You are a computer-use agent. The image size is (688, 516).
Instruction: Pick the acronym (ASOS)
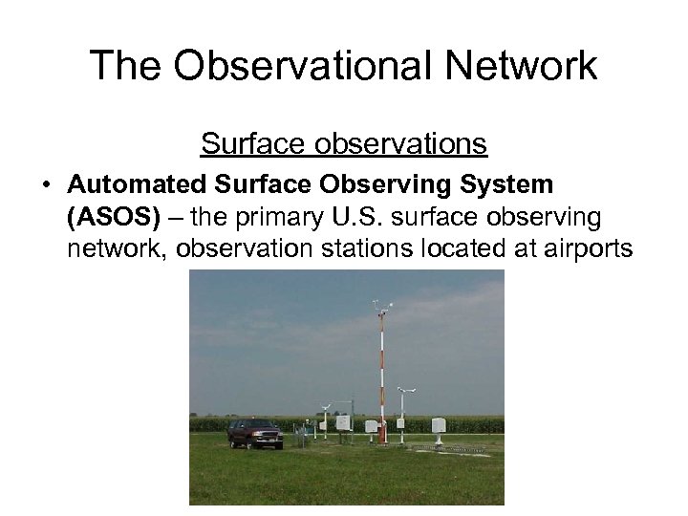[114, 218]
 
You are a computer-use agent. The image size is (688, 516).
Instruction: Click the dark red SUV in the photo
[254, 433]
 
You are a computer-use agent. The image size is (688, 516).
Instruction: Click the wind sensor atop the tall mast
[381, 307]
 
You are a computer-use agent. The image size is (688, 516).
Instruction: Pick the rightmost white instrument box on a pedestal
[439, 425]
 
